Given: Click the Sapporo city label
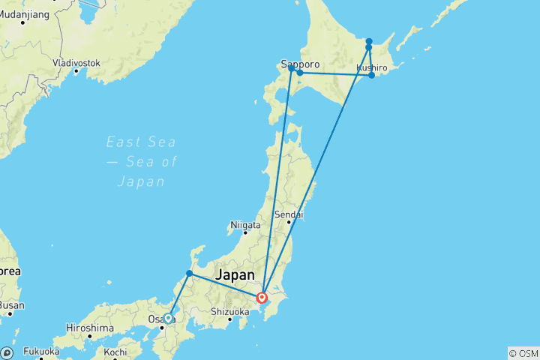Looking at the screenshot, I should pos(301,64).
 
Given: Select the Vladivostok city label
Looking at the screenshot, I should pos(76,63).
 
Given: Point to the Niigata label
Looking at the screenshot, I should pos(245,224).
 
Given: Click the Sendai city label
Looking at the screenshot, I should pos(289,214).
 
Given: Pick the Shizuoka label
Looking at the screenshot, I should pos(229,311).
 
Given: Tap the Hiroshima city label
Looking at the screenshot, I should pos(89,328).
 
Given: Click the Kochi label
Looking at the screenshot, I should pos(115,352).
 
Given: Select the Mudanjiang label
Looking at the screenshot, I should pos(25,13).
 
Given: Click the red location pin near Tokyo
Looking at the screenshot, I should pos(262,297).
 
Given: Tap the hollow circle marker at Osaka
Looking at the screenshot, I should pos(168,318).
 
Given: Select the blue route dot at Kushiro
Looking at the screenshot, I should pos(371,75).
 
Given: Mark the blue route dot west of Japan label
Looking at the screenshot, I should pos(189,274).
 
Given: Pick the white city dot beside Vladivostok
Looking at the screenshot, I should pos(76,72).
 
